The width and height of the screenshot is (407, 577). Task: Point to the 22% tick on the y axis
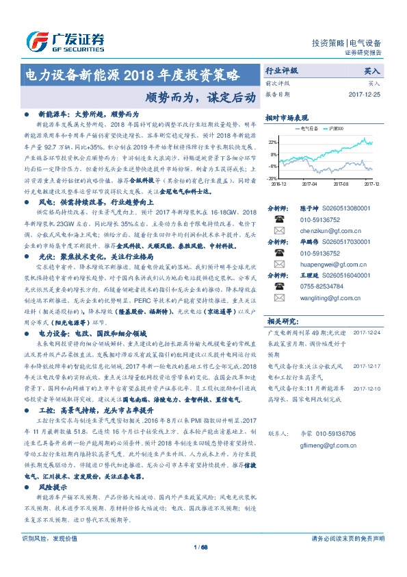[x=272, y=142]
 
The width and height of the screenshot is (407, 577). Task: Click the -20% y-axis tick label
[x=272, y=177]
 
